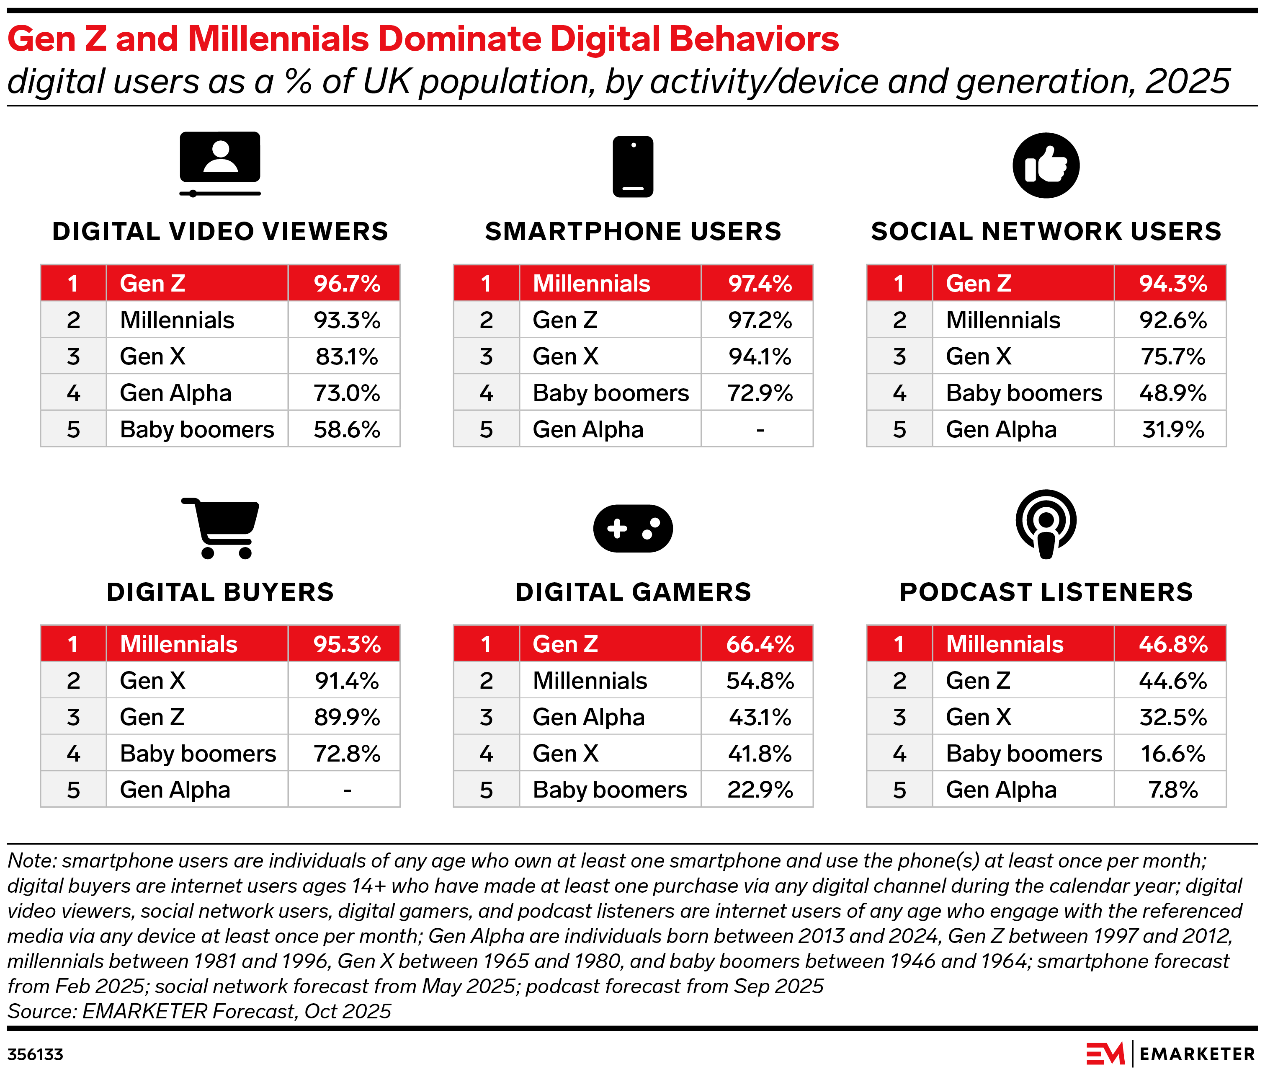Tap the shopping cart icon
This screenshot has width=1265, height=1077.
point(221,528)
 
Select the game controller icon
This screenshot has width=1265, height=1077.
point(633,529)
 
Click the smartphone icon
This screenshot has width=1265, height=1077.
point(633,166)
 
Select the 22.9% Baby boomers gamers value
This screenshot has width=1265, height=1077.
point(760,790)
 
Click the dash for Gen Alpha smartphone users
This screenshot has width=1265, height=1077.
point(760,430)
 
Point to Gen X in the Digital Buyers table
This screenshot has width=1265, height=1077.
point(152,681)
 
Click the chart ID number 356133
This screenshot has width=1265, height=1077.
point(36,1054)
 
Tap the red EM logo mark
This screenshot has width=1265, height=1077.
point(1105,1054)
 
